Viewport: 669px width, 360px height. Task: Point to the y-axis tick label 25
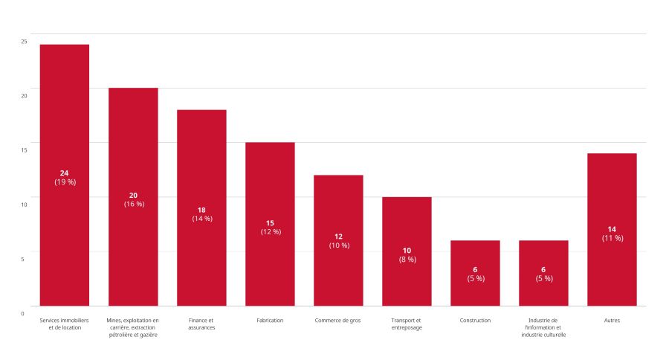tap(24, 41)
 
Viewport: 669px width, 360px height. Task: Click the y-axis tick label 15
tap(24, 150)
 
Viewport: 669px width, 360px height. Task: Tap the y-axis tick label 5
tap(22, 259)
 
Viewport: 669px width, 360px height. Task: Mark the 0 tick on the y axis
tap(22, 313)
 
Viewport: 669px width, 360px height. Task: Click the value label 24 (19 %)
tap(65, 178)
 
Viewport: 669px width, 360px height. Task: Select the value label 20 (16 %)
tap(134, 199)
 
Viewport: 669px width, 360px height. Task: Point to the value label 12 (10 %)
tap(339, 240)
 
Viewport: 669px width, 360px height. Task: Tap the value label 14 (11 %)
tap(613, 234)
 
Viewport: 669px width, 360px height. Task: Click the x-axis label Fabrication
tap(270, 321)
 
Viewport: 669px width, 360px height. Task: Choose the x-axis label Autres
tap(612, 321)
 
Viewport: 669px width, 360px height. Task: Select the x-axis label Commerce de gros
tap(338, 321)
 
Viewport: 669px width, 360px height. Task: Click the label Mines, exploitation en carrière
tap(133, 327)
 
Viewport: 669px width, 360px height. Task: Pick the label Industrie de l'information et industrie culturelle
tap(543, 327)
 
